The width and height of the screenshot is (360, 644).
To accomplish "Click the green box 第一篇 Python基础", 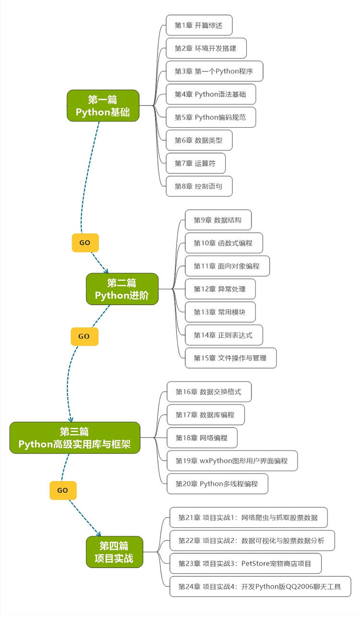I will point(103,106).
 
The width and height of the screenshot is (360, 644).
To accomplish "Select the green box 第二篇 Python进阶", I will point(122,289).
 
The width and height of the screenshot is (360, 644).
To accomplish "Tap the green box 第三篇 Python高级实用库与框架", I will point(74,438).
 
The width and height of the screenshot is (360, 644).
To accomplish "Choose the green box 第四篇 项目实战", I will point(114,552).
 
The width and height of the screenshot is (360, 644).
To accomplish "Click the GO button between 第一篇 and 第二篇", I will point(85,243).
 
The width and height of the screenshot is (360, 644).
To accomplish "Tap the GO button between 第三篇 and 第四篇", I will point(63,490).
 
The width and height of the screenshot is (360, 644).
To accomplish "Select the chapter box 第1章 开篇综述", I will point(199,25).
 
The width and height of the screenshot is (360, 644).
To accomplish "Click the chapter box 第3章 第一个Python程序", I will point(214,71).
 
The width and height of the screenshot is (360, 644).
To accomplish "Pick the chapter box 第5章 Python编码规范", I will point(210,117).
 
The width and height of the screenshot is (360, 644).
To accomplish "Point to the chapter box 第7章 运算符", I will point(195,163).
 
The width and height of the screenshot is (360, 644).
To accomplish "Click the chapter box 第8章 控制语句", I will point(199,186).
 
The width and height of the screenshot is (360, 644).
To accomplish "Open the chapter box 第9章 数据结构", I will point(218,220).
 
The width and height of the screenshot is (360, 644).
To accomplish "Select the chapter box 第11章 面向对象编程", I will point(227,266).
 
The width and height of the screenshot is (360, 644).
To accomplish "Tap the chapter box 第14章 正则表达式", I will point(224,335).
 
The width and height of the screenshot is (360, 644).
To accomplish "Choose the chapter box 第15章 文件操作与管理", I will point(230,358).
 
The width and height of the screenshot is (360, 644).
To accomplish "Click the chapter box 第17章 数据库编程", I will point(205,415).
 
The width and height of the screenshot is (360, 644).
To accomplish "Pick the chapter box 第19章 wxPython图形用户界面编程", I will point(232,461).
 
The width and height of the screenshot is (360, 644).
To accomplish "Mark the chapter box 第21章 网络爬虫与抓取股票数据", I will point(248,517).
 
